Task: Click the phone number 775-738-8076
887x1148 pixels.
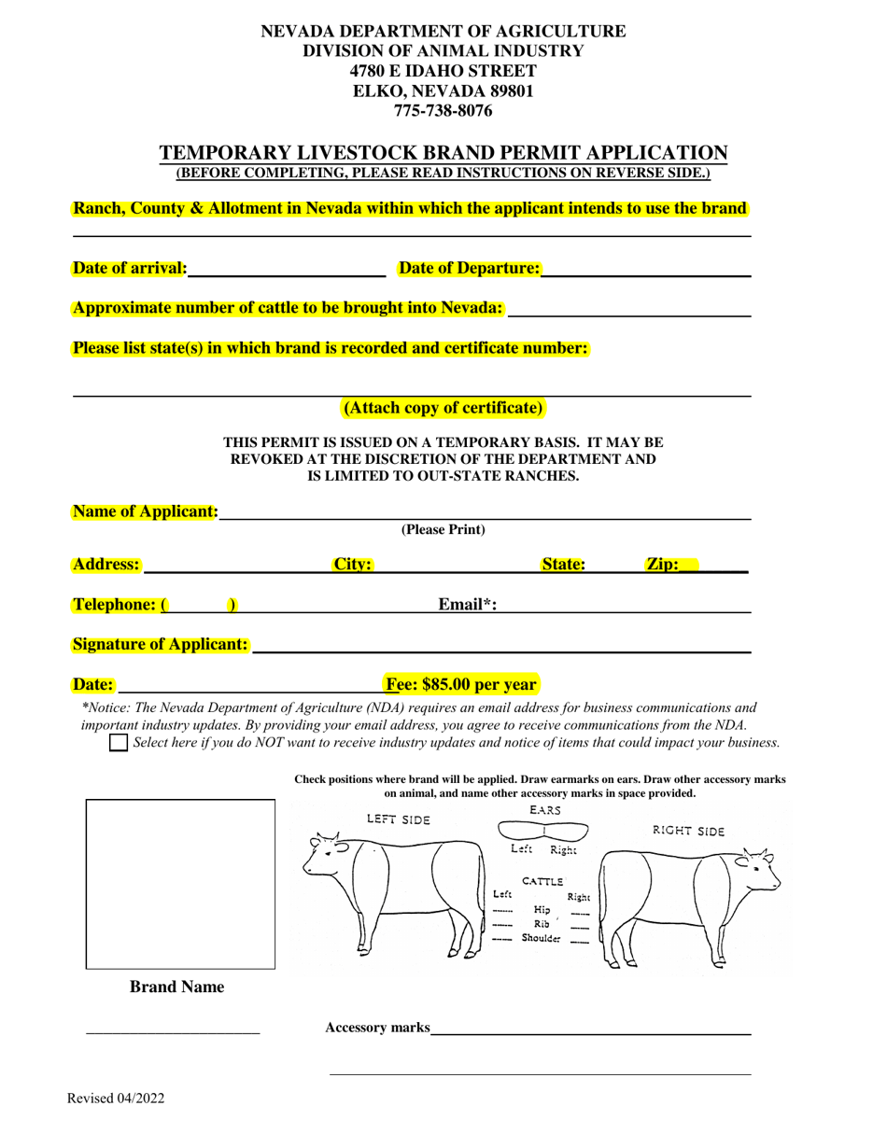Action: (x=443, y=111)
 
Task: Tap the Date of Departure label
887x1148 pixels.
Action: (x=469, y=269)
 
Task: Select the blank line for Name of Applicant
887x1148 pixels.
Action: (x=485, y=513)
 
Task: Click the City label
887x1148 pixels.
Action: (x=353, y=565)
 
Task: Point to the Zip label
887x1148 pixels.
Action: (x=663, y=565)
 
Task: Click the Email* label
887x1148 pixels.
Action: (x=467, y=605)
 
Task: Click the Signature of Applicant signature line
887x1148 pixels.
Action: (x=501, y=646)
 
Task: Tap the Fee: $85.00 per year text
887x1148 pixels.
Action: (x=462, y=685)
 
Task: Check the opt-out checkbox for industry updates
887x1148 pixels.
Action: (x=119, y=743)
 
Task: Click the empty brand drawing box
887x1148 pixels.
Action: (x=180, y=884)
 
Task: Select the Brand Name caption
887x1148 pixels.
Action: (x=176, y=987)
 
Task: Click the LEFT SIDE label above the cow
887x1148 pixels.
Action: (x=398, y=819)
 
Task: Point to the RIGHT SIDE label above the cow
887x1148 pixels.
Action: (x=688, y=831)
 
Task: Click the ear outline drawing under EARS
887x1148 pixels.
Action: (x=543, y=830)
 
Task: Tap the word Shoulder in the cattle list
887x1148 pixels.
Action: (x=542, y=939)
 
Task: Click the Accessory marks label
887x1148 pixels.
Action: (x=377, y=1028)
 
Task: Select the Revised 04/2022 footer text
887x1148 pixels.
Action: (x=116, y=1099)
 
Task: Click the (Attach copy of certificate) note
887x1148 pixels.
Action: (x=443, y=408)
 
